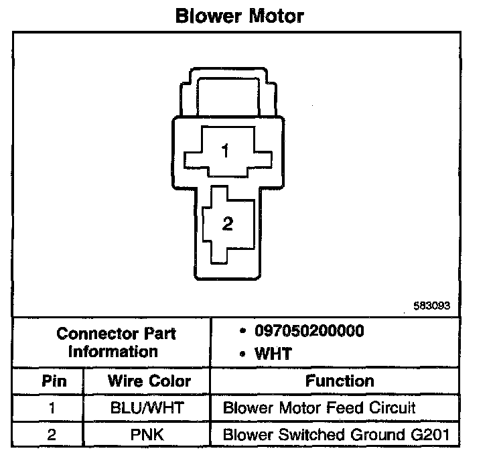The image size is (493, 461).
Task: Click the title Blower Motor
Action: [x=239, y=15]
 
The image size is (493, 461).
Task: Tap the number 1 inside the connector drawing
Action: [x=225, y=152]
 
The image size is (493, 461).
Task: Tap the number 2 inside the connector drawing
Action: [x=227, y=225]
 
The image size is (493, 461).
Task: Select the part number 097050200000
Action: [x=309, y=332]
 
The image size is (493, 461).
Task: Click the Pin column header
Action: [x=54, y=381]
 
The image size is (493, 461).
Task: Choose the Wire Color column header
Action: [x=149, y=381]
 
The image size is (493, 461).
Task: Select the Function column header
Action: [x=340, y=381]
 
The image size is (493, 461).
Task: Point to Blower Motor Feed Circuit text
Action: [x=319, y=407]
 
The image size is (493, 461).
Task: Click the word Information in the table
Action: [x=113, y=351]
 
